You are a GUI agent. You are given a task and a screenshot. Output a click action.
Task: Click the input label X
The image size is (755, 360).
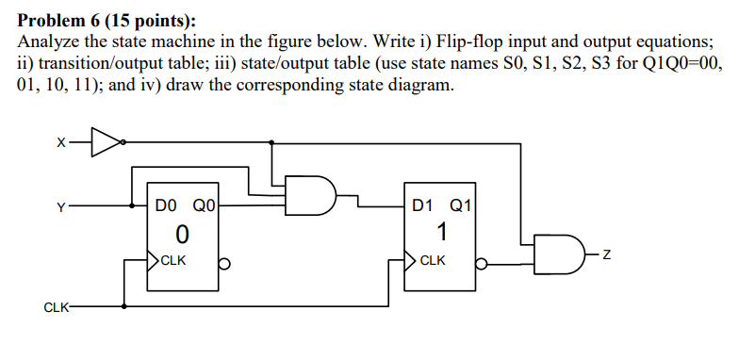(x=61, y=143)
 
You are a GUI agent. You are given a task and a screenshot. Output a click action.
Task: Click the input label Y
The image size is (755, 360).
(x=61, y=205)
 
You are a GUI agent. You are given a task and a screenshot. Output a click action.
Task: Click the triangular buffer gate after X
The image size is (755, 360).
(x=107, y=142)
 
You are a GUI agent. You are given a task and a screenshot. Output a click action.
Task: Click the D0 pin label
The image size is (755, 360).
(x=166, y=205)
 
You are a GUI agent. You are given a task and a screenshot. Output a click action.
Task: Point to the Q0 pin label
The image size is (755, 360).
(x=204, y=205)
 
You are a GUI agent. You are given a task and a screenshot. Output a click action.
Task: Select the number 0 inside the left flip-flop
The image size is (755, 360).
(x=183, y=231)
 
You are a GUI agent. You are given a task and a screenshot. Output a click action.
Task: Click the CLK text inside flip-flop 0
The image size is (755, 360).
(x=173, y=260)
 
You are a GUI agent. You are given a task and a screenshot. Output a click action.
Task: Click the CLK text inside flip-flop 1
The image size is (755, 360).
(x=433, y=260)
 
